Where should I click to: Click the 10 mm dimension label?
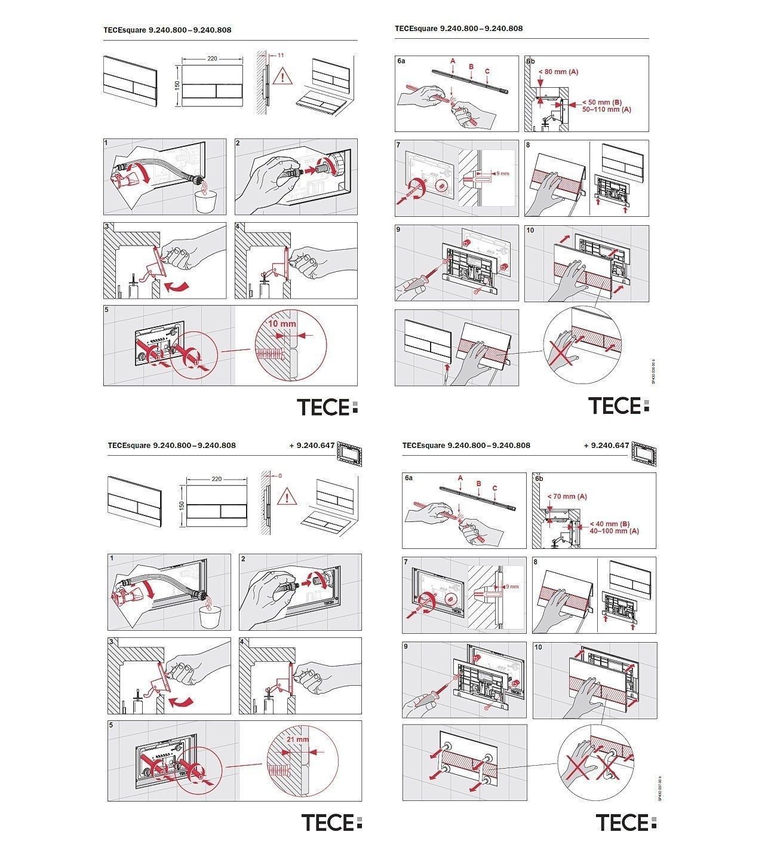click(x=281, y=323)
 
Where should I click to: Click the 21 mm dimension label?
click(x=297, y=739)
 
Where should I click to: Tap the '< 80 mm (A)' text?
click(x=558, y=72)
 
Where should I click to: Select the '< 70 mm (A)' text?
click(x=567, y=496)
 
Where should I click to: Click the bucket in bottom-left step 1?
click(x=209, y=617)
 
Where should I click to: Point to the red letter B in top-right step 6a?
click(x=471, y=66)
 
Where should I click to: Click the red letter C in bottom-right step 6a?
click(x=495, y=489)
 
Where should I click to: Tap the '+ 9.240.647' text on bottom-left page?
click(x=309, y=446)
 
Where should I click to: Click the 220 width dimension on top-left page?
click(x=213, y=59)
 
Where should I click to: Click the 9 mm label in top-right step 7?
click(x=502, y=174)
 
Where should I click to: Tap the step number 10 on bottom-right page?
click(x=539, y=647)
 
